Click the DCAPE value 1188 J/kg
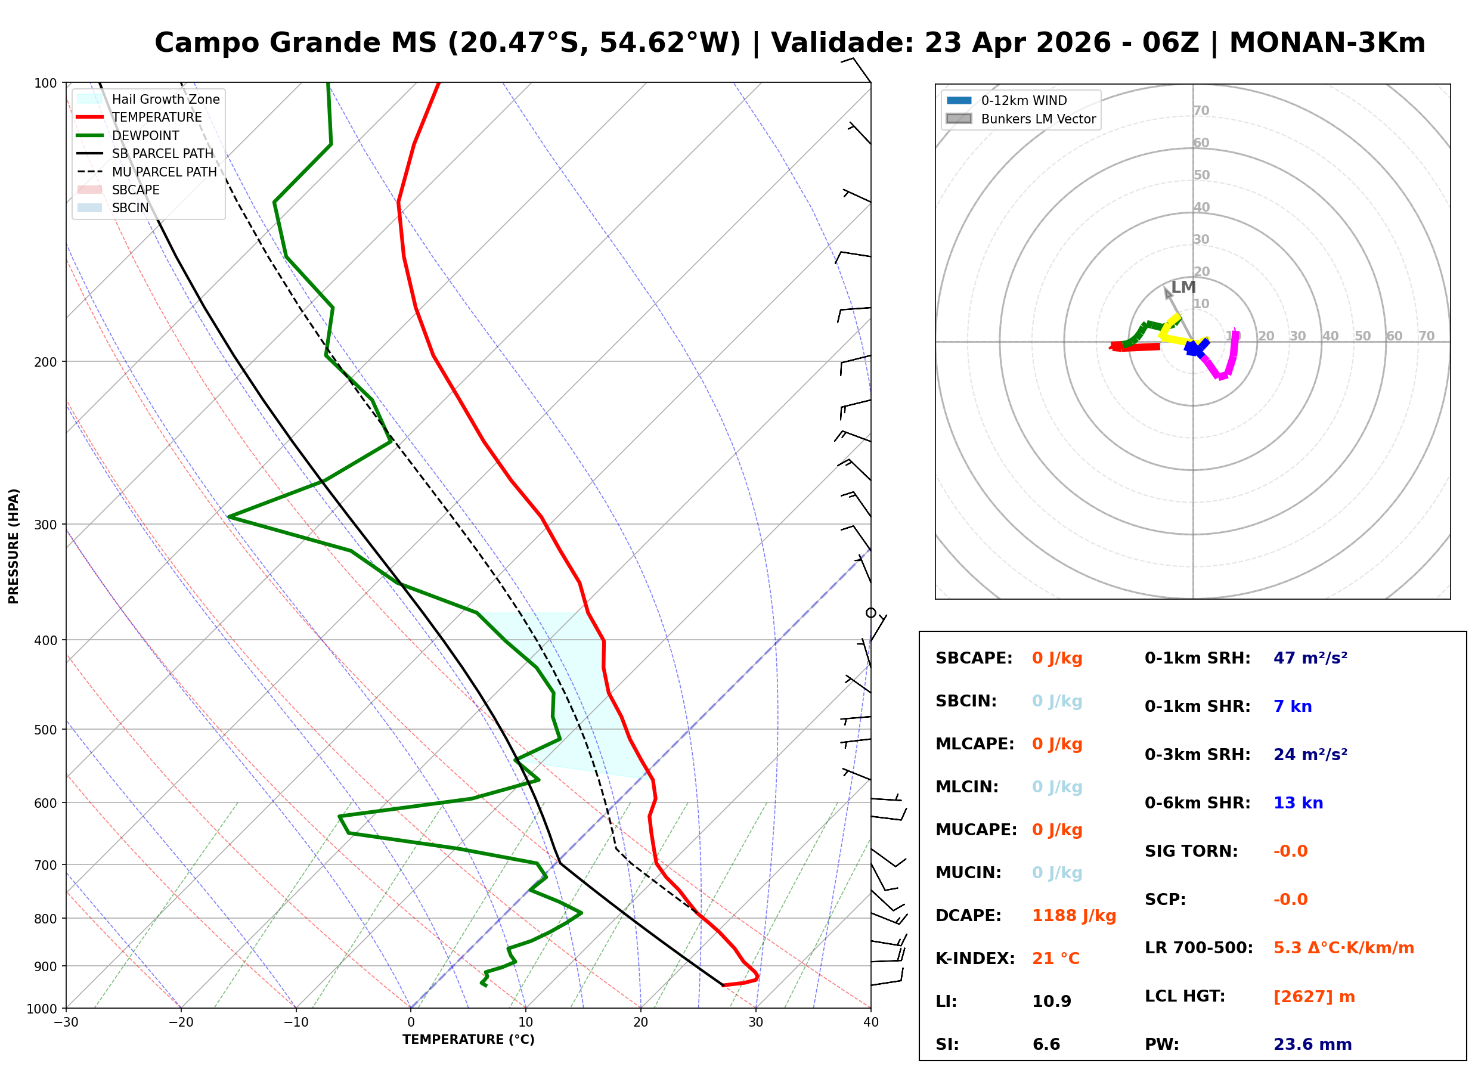[x=1074, y=916]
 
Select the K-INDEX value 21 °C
[x=1055, y=959]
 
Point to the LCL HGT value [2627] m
[x=1313, y=997]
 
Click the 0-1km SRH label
[x=1197, y=658]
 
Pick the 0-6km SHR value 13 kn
[x=1297, y=803]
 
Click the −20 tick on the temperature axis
[x=180, y=1023]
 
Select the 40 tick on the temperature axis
[x=870, y=1023]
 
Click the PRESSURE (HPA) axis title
[x=14, y=546]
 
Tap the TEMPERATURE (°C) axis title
[x=468, y=1040]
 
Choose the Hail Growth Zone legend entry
[x=165, y=99]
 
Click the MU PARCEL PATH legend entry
[x=164, y=172]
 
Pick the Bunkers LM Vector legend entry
[x=1037, y=119]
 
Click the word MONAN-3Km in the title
[x=1327, y=43]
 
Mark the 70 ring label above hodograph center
[x=1200, y=111]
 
